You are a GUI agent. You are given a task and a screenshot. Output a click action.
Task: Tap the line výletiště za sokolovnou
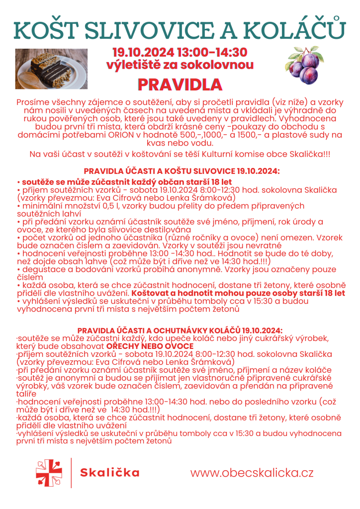coord(180,65)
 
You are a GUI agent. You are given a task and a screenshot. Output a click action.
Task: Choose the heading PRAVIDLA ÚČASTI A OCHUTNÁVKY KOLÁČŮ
coord(180,331)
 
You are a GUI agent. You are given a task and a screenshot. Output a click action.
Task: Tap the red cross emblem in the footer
coord(49,473)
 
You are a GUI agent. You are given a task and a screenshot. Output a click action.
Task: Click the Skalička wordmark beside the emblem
coord(110,473)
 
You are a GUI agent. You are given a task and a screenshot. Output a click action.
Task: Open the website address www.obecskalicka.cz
coord(252,473)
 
